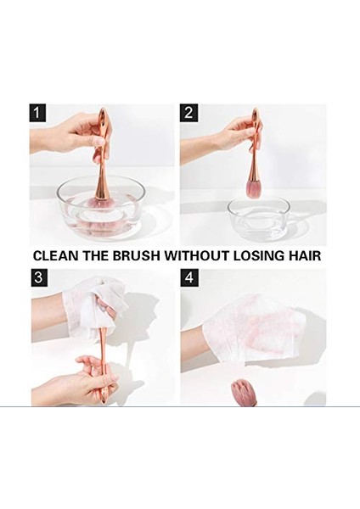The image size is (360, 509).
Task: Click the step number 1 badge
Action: click(x=38, y=113)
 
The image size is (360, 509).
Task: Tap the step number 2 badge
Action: click(x=188, y=113)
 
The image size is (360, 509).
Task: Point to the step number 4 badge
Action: click(x=188, y=277)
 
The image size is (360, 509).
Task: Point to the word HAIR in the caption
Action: click(x=307, y=255)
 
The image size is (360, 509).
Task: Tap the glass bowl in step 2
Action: click(x=259, y=217)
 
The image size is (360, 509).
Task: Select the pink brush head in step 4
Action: click(x=243, y=392)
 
